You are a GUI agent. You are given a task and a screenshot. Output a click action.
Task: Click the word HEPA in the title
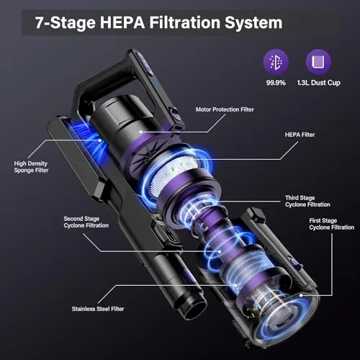click(x=122, y=22)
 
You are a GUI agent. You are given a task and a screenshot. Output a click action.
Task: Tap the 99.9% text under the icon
click(x=276, y=83)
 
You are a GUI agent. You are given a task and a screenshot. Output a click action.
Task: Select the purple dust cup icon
click(x=318, y=62)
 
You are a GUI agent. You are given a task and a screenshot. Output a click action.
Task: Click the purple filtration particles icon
click(x=276, y=62)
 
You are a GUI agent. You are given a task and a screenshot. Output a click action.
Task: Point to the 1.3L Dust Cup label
click(x=319, y=83)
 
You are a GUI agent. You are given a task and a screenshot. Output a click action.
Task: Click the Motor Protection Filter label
click(x=225, y=109)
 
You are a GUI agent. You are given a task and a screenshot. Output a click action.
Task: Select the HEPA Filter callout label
click(x=300, y=135)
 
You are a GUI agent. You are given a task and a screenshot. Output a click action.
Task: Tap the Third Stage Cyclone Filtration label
click(x=307, y=201)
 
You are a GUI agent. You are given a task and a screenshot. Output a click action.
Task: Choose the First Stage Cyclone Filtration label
click(x=332, y=224)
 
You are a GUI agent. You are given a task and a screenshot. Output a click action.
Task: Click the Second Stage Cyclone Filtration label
click(x=86, y=222)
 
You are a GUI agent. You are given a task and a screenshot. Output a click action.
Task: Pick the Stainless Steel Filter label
click(x=98, y=309)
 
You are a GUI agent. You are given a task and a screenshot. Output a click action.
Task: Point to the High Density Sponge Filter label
click(x=31, y=167)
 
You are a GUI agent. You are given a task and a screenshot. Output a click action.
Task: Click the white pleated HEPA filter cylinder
click(x=174, y=176)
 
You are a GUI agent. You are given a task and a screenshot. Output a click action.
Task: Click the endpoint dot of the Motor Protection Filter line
click(x=141, y=132)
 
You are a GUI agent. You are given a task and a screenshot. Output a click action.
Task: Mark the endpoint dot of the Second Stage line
click(x=220, y=251)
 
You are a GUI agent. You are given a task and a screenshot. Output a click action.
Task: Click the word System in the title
click(x=253, y=23)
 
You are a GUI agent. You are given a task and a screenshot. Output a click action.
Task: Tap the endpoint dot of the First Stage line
click(x=301, y=295)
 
